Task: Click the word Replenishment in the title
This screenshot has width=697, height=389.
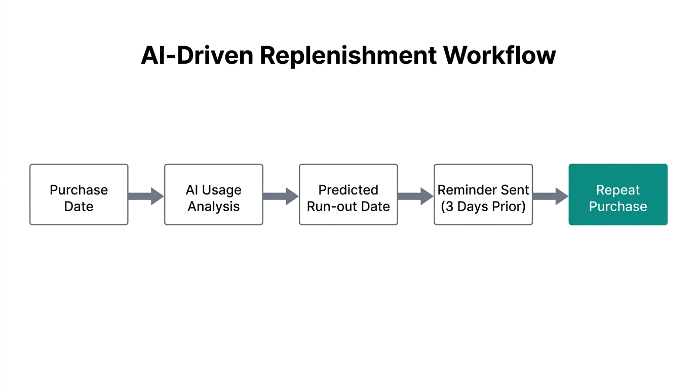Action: click(x=348, y=55)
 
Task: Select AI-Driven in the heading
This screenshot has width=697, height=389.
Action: click(x=197, y=55)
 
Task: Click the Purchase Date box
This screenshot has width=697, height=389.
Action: click(x=79, y=194)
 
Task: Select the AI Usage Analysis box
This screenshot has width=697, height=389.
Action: click(x=214, y=194)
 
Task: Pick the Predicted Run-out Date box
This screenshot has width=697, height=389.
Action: click(x=348, y=194)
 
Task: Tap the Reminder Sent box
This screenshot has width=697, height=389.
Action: click(x=483, y=194)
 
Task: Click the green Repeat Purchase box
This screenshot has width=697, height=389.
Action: click(x=618, y=194)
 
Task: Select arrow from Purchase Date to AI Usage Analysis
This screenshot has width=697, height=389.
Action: click(x=146, y=196)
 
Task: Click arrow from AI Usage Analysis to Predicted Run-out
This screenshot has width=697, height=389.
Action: click(x=281, y=196)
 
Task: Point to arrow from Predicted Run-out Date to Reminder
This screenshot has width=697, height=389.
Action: click(x=415, y=196)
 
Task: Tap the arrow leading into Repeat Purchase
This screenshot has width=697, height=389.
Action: click(x=550, y=196)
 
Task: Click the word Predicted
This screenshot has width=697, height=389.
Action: click(x=348, y=190)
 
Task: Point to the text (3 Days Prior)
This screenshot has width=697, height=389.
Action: click(x=483, y=207)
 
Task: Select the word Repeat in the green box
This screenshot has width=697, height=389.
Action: click(x=618, y=190)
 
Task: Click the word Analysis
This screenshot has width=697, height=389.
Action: click(x=214, y=207)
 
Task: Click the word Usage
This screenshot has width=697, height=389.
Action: click(x=222, y=190)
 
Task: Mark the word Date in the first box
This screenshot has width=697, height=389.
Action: click(x=79, y=207)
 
